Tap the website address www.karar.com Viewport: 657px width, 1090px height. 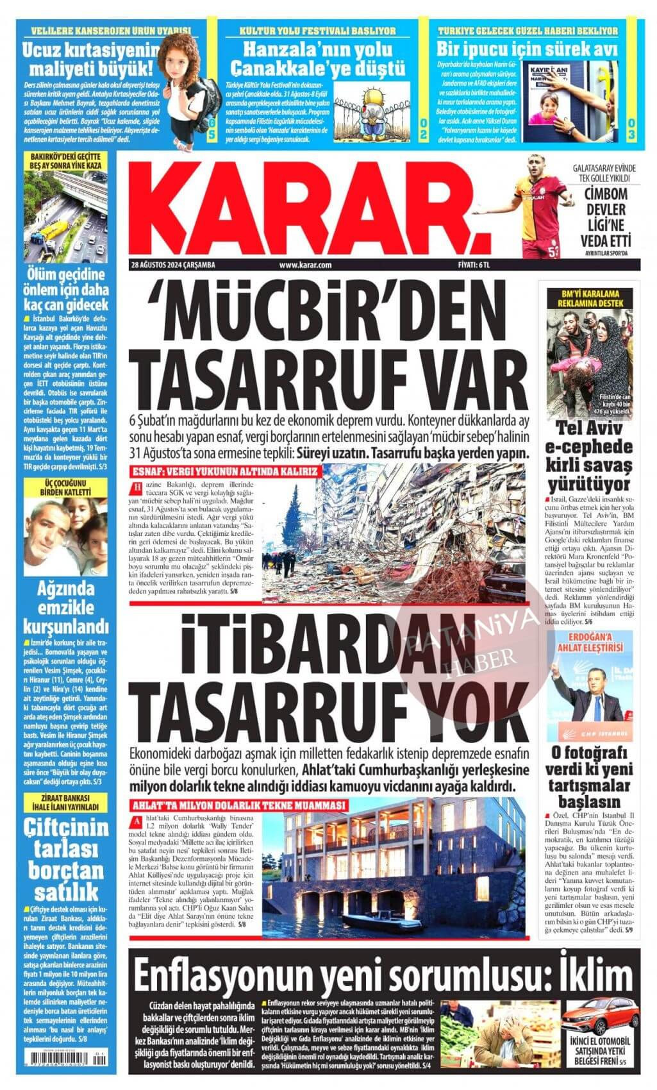[305, 264]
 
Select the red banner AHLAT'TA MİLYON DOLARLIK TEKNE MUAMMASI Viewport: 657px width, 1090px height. [237, 805]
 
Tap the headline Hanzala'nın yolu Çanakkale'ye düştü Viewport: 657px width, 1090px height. [317, 59]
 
